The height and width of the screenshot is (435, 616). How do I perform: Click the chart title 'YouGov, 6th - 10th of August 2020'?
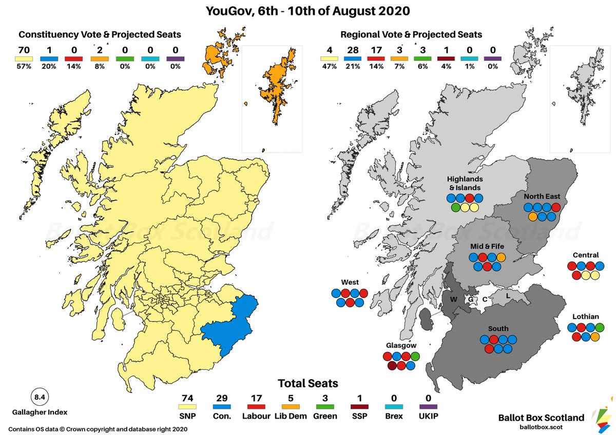pos(308,11)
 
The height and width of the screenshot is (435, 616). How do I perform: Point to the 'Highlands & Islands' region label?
pos(464,183)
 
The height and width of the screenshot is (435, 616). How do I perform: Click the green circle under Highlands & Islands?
pos(455,208)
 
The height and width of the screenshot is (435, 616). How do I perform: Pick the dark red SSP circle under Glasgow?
pos(393,366)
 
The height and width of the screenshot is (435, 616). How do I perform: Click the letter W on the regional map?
pos(453,300)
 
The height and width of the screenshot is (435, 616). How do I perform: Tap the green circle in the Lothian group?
pos(600,327)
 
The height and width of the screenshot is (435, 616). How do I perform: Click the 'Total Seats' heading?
pos(308,383)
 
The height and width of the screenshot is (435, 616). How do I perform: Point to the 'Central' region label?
pos(586,255)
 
